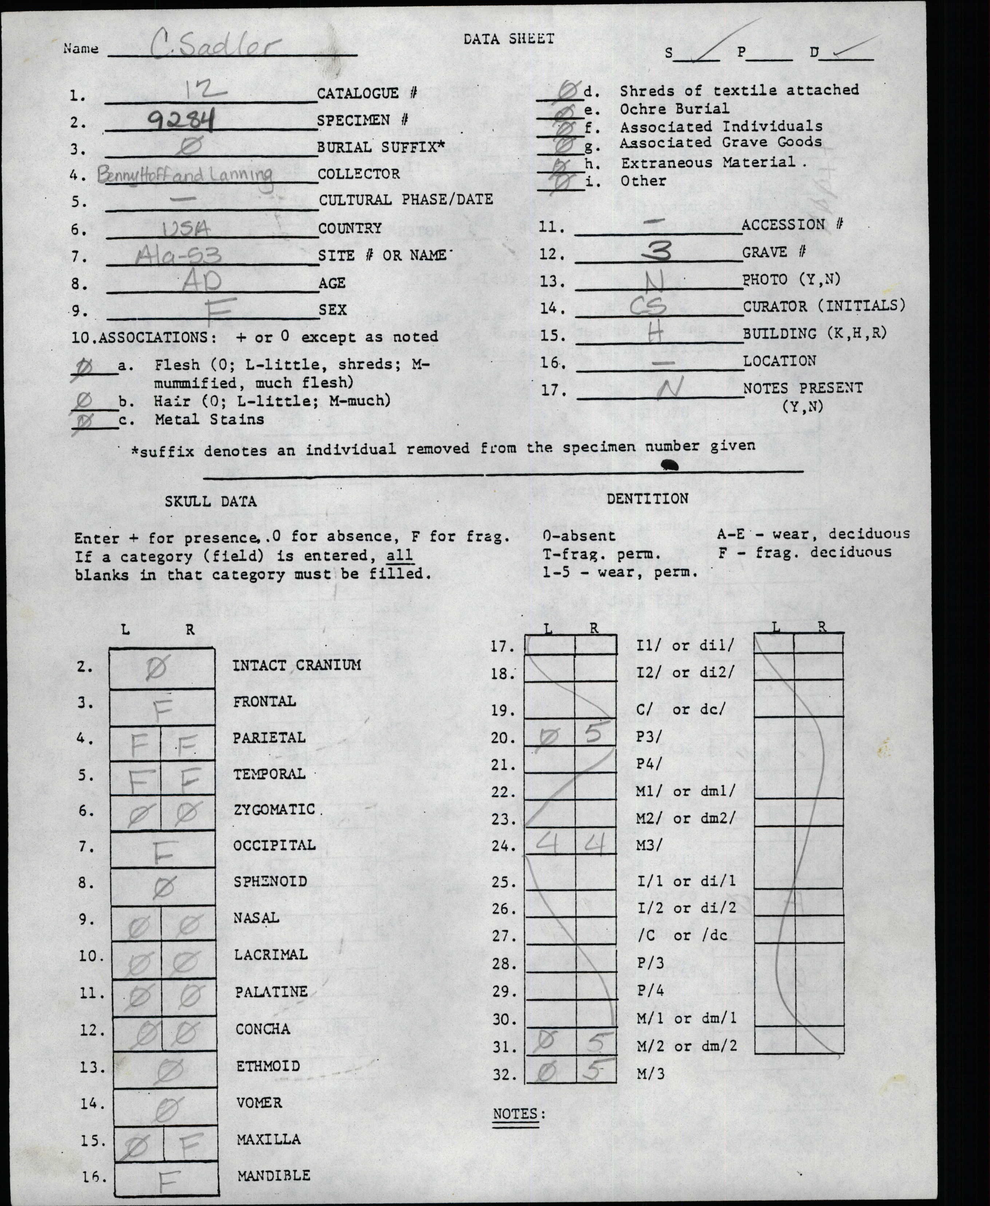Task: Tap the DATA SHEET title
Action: pos(509,39)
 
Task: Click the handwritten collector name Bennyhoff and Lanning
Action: pos(185,173)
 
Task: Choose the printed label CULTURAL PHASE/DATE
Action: pos(405,199)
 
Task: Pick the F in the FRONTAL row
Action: pos(163,709)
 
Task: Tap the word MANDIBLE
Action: pos(273,1175)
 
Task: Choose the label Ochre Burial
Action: pos(674,108)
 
